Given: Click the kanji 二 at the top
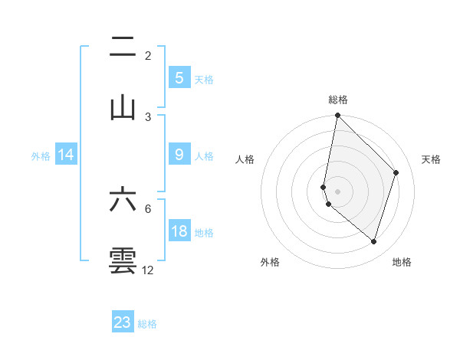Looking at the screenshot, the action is [123, 49].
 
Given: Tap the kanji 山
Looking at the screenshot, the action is [123, 108].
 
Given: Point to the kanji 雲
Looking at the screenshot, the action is [123, 260].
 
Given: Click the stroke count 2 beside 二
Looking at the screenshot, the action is [148, 56].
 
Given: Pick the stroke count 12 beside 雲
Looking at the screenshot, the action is [148, 270].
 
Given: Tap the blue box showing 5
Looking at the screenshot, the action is [179, 78].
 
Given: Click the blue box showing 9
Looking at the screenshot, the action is [179, 155].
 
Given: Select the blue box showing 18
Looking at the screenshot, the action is [179, 231].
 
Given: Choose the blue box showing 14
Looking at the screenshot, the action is [66, 155].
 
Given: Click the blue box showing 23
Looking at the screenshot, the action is [123, 322].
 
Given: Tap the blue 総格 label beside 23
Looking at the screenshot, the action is [147, 324].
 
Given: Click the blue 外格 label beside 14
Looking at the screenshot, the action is [41, 156].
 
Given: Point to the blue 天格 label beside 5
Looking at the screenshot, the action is [204, 80].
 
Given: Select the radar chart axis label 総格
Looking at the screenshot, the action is [337, 100].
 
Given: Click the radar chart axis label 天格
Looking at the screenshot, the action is [431, 159].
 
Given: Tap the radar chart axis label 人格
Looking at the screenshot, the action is [245, 159].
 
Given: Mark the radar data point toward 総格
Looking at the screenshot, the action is [337, 115].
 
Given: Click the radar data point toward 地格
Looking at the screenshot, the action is [373, 241].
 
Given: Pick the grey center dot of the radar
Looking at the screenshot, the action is [337, 191].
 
